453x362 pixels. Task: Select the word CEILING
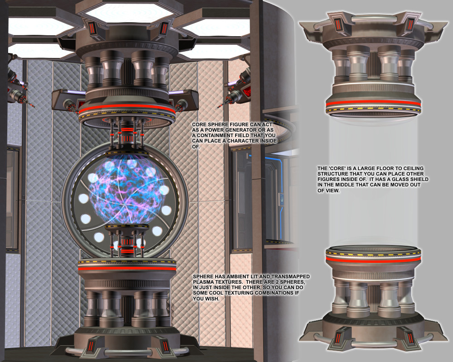point(414,168)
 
